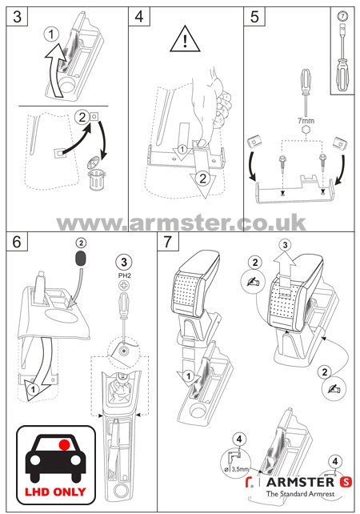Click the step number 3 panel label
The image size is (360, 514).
[17, 16]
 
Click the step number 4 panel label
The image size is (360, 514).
[139, 16]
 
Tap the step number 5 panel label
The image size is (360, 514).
[254, 16]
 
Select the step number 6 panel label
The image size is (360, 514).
[17, 242]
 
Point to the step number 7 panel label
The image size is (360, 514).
[168, 242]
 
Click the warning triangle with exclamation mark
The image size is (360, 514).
[185, 39]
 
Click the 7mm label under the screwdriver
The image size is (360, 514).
[306, 121]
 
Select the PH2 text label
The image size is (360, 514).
[125, 275]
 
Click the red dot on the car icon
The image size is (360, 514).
[65, 444]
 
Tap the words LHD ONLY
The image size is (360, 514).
[55, 492]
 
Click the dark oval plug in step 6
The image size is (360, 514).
[81, 259]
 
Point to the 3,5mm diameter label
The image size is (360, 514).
[238, 469]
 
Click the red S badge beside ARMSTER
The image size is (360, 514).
[346, 481]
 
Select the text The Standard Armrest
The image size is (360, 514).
[300, 494]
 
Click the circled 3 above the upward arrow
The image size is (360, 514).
[285, 245]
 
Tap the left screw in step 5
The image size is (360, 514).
[282, 165]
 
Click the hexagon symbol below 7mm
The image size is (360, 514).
[306, 130]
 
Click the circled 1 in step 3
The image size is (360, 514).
[51, 34]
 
